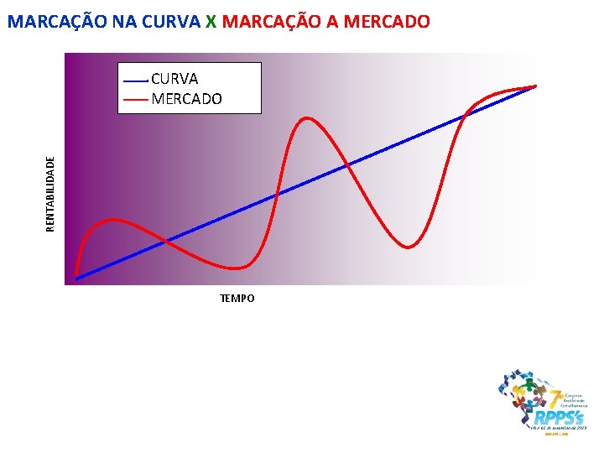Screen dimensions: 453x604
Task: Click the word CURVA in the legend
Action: (174, 79)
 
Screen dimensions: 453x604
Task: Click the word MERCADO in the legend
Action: (187, 99)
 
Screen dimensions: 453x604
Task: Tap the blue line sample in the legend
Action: (135, 80)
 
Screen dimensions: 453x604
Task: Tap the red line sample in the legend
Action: (135, 100)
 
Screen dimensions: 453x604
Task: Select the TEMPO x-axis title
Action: (237, 299)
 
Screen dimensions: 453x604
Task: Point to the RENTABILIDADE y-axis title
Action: (50, 193)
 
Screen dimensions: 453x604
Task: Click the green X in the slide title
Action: (211, 22)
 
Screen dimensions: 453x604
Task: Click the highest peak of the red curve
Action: (309, 118)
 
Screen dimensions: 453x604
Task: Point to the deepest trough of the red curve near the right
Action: (409, 247)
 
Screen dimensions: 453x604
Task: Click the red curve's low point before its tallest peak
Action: (238, 268)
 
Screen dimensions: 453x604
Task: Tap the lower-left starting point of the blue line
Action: (76, 278)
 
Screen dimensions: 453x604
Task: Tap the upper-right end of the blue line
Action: (535, 86)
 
